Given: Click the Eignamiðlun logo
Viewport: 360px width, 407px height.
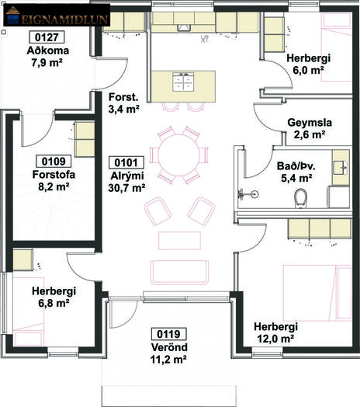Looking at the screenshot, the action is pyautogui.click(x=57, y=15).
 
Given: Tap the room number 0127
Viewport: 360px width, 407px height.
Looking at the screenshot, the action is pyautogui.click(x=47, y=37).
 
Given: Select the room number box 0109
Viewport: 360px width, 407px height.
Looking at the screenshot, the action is pyautogui.click(x=54, y=162).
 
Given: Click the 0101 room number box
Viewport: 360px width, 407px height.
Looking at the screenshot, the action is pyautogui.click(x=126, y=163).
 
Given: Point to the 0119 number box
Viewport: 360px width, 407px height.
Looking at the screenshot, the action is pyautogui.click(x=169, y=334).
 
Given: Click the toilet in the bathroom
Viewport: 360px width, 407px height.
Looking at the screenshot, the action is pyautogui.click(x=301, y=198).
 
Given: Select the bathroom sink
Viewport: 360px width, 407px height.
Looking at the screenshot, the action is pyautogui.click(x=340, y=168).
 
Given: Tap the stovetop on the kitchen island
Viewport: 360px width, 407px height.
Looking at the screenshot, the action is pyautogui.click(x=183, y=82).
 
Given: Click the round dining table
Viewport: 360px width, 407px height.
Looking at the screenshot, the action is pyautogui.click(x=179, y=155).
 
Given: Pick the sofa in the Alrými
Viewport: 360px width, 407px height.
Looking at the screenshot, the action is pyautogui.click(x=179, y=273).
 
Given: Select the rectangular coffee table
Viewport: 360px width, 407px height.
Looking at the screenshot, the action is pyautogui.click(x=179, y=241).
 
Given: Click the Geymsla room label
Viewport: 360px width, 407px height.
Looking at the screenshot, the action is pyautogui.click(x=310, y=123).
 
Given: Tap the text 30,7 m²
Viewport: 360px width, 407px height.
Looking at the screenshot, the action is pyautogui.click(x=126, y=188).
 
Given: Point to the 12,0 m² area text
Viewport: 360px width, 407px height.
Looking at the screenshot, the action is pyautogui.click(x=275, y=339).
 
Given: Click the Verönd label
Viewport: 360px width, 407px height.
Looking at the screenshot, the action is pyautogui.click(x=169, y=347).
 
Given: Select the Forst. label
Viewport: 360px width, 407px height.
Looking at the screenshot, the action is pyautogui.click(x=123, y=97).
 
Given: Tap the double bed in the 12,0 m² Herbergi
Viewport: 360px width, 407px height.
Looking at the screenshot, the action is pyautogui.click(x=317, y=293).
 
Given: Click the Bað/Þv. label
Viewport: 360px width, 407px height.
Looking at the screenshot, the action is pyautogui.click(x=296, y=166).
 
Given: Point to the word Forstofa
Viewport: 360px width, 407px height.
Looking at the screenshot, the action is pyautogui.click(x=54, y=175).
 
